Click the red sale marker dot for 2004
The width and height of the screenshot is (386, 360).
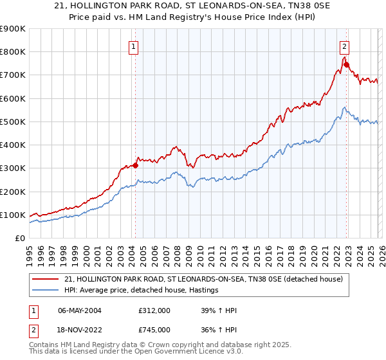click(x=136, y=165)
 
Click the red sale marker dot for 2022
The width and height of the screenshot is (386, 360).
click(x=346, y=64)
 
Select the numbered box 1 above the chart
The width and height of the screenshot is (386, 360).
click(x=133, y=46)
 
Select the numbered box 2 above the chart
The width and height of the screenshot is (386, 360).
click(x=344, y=46)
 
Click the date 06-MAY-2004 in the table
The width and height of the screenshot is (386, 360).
click(x=79, y=311)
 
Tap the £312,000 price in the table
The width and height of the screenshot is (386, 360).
click(x=154, y=311)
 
